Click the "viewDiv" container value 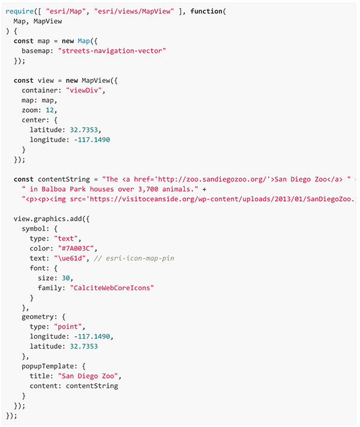86,91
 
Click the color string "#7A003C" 75,248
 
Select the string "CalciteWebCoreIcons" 112,287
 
